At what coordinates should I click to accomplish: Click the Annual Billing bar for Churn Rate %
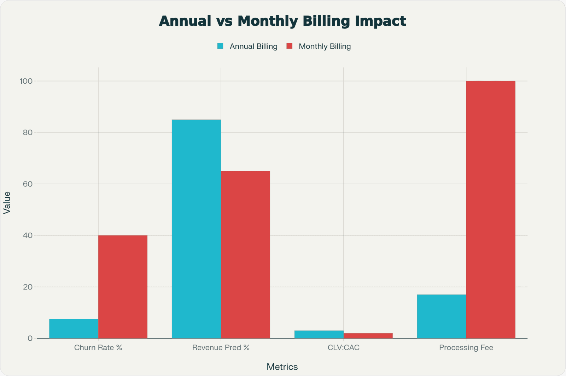point(74,329)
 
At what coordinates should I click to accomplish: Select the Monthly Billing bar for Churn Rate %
point(123,287)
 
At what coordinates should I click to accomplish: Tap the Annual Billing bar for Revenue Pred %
point(196,229)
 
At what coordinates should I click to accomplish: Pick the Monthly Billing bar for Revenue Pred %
point(245,255)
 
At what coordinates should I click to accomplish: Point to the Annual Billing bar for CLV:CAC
point(319,334)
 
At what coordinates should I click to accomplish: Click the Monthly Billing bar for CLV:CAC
point(368,336)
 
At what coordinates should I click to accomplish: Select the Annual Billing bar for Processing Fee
point(442,316)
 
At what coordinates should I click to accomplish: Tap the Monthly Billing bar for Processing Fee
point(491,209)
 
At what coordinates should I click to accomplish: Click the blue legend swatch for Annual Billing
point(220,46)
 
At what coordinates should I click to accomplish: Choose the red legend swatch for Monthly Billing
point(290,46)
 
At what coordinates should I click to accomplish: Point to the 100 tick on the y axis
point(26,81)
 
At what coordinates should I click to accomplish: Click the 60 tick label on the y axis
point(28,184)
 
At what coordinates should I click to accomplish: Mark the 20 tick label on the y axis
point(28,287)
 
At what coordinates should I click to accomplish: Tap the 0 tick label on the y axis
point(30,338)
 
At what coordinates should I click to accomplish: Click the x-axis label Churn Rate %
point(98,348)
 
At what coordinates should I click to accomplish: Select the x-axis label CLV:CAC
point(343,348)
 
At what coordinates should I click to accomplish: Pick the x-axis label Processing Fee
point(466,348)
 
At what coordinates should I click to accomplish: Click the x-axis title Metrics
point(282,367)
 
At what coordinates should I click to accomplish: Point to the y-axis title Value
point(7,203)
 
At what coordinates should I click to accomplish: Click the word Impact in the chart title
point(380,21)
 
